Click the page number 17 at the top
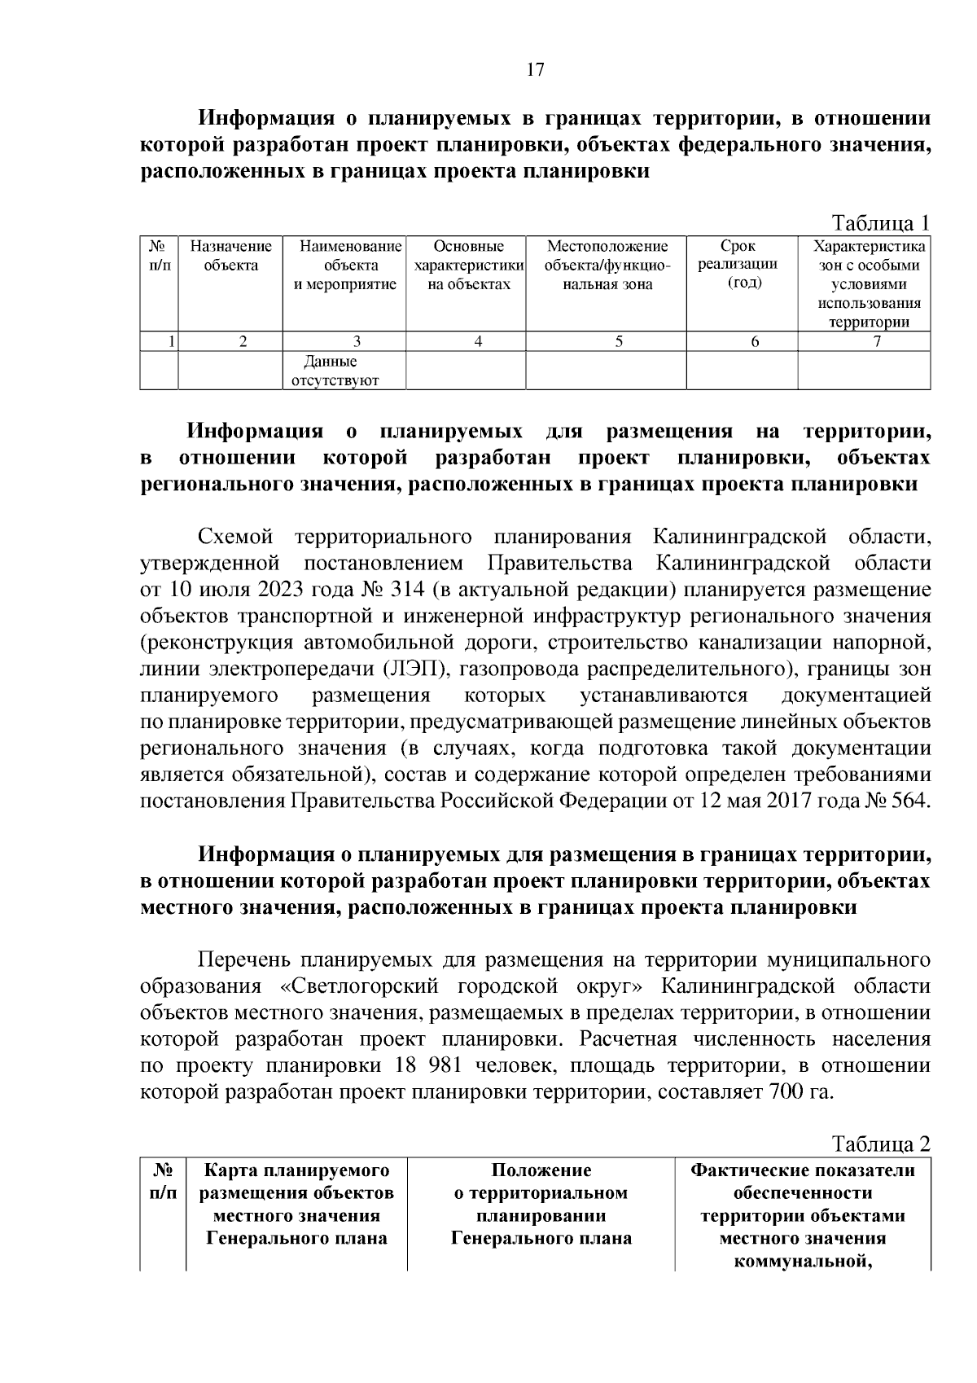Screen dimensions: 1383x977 tap(534, 69)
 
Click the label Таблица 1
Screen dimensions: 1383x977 tap(879, 223)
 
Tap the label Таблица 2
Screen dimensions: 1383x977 tap(879, 1144)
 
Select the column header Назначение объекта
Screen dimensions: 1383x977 tap(230, 256)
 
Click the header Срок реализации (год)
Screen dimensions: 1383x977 tap(738, 265)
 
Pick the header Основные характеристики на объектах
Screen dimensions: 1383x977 tap(468, 265)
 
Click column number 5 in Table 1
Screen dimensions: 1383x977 tap(619, 342)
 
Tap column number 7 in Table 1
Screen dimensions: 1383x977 tap(877, 342)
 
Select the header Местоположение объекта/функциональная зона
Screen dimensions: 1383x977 tap(607, 265)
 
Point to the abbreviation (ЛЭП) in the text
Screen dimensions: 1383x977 tap(414, 670)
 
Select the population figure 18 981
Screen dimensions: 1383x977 tap(427, 1065)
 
